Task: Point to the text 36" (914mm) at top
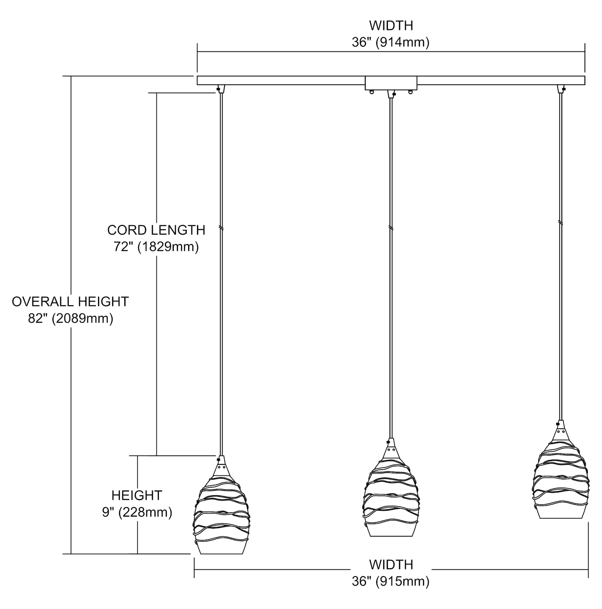point(390,42)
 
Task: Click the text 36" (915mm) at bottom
point(390,581)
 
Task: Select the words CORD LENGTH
point(156,230)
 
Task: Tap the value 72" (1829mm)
point(156,247)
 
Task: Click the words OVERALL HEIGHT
point(70,302)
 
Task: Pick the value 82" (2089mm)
point(70,319)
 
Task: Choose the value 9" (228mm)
point(137,512)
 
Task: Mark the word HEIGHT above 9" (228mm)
point(137,495)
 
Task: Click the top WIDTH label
point(391,26)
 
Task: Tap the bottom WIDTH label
point(391,564)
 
